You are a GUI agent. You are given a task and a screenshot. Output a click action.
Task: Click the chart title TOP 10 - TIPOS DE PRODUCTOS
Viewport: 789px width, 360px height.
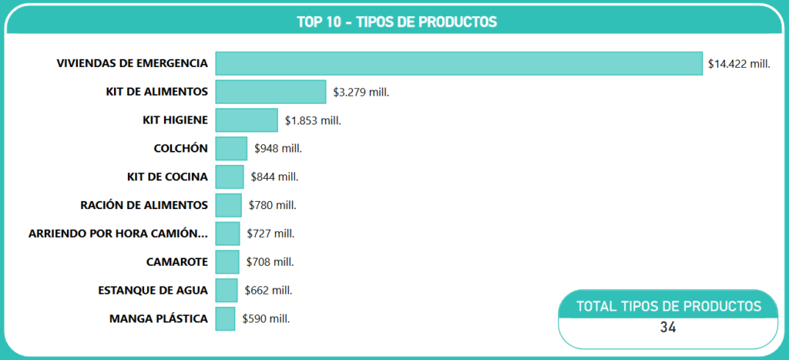(x=397, y=22)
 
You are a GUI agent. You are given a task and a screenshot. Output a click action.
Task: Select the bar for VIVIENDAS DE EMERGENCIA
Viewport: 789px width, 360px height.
(x=458, y=63)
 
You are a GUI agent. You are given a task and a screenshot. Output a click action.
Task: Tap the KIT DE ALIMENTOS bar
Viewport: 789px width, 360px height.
(x=270, y=92)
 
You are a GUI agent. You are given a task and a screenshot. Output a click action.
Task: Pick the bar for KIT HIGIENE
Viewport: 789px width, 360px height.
(x=247, y=120)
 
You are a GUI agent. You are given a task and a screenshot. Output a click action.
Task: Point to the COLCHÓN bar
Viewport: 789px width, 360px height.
(x=231, y=148)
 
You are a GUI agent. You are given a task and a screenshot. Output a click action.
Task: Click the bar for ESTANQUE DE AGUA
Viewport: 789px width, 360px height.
(x=227, y=290)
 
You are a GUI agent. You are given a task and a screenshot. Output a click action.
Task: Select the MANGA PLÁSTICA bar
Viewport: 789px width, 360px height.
(x=225, y=318)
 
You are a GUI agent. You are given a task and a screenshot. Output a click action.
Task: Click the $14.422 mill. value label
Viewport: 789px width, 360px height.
(x=739, y=64)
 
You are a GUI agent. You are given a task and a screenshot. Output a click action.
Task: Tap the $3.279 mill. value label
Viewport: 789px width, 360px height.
(x=361, y=92)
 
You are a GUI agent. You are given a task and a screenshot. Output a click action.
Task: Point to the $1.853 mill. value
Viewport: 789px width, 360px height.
(x=312, y=120)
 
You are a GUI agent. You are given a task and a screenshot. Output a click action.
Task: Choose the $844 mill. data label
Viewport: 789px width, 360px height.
(x=274, y=177)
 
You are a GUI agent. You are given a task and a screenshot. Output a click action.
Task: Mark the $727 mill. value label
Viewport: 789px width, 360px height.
(x=270, y=234)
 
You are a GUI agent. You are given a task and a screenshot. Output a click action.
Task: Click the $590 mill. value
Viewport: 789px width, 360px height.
(x=266, y=318)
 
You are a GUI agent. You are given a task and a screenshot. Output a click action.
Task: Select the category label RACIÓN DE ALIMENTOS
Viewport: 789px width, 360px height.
(x=144, y=205)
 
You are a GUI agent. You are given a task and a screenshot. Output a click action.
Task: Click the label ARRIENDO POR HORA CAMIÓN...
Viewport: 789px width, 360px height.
(x=118, y=234)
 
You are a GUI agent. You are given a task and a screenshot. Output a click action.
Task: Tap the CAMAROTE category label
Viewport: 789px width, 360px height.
(x=177, y=261)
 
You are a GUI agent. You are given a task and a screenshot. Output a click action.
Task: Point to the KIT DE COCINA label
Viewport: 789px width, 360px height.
(x=167, y=177)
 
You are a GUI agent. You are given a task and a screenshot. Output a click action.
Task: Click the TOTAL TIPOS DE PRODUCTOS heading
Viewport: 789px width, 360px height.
(x=669, y=306)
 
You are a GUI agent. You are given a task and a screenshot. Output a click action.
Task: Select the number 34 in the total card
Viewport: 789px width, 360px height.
(x=668, y=328)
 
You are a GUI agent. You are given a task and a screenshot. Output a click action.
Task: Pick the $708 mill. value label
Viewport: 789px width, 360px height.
(x=270, y=262)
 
